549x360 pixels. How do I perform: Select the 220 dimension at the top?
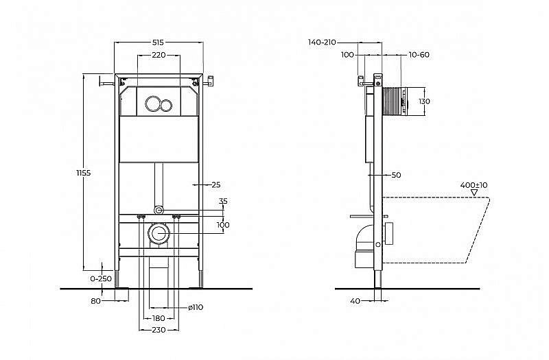(159, 54)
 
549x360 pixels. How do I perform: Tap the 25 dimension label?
(215, 184)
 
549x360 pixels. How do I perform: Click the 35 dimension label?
(222, 202)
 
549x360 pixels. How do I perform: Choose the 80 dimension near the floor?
(95, 300)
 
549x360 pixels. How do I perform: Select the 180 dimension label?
(159, 318)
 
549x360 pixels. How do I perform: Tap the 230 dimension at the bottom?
(159, 330)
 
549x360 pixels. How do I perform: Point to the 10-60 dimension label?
(419, 54)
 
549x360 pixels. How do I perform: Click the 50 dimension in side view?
(396, 176)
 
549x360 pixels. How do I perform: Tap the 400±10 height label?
(474, 185)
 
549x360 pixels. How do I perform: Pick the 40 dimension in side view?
(355, 300)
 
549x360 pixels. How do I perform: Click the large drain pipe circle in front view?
(159, 233)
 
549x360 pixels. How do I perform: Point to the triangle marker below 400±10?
(474, 193)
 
